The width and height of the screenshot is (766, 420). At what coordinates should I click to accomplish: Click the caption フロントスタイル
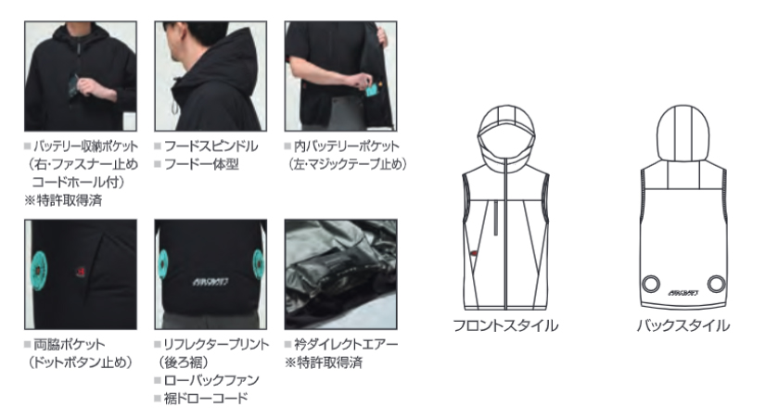pyautogui.click(x=505, y=325)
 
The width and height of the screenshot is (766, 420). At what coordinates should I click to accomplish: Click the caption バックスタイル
pyautogui.click(x=683, y=325)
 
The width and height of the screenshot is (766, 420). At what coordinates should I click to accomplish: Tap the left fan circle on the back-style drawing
pyautogui.click(x=651, y=284)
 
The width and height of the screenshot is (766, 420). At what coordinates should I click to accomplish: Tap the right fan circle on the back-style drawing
pyautogui.click(x=716, y=284)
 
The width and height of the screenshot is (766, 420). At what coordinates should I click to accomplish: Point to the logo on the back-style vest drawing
pyautogui.click(x=683, y=293)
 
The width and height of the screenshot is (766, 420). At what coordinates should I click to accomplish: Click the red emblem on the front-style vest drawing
pyautogui.click(x=473, y=253)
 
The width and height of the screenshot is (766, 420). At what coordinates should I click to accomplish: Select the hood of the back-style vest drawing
pyautogui.click(x=683, y=133)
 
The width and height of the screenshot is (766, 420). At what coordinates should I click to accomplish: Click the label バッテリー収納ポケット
pyautogui.click(x=85, y=146)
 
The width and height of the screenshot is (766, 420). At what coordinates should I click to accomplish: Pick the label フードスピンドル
pyautogui.click(x=211, y=146)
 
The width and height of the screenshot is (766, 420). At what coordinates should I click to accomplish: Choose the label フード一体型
pyautogui.click(x=201, y=164)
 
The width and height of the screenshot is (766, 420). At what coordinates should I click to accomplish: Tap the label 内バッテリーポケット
pyautogui.click(x=346, y=146)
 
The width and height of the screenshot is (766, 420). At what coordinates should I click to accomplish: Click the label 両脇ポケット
pyautogui.click(x=69, y=344)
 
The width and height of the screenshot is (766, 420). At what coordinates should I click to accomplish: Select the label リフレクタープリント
pyautogui.click(x=216, y=344)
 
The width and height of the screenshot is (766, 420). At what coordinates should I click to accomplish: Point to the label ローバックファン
pyautogui.click(x=211, y=380)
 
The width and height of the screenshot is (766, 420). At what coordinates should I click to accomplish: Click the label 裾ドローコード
pyautogui.click(x=206, y=398)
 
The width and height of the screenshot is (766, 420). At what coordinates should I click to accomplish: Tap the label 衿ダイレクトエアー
pyautogui.click(x=346, y=344)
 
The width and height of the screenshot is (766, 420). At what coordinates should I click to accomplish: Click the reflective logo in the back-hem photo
pyautogui.click(x=211, y=282)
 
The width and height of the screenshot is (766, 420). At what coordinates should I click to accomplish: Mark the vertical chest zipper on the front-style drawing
pyautogui.click(x=495, y=218)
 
